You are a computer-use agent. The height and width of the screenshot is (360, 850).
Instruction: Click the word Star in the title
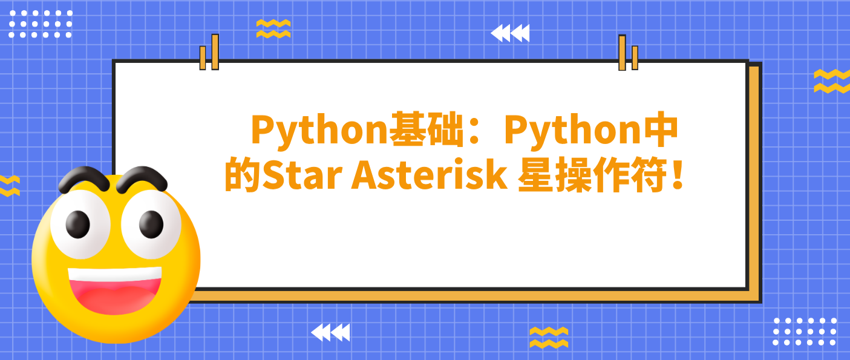tap(302, 175)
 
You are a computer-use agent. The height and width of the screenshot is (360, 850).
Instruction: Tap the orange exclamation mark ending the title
tap(678, 174)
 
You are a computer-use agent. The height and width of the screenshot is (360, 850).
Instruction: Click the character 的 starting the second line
tap(243, 175)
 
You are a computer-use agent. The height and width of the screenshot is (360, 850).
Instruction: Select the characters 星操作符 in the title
tap(592, 175)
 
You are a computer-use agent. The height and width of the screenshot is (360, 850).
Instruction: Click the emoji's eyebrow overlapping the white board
tap(142, 179)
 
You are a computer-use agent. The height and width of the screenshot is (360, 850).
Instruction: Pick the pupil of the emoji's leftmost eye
tap(78, 224)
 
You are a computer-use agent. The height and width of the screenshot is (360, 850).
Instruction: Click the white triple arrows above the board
tap(509, 33)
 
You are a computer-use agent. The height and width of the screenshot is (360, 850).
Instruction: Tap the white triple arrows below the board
tap(330, 332)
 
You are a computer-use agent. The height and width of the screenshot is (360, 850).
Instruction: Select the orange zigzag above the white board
tap(273, 29)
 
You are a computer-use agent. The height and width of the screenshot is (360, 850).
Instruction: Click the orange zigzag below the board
tap(549, 337)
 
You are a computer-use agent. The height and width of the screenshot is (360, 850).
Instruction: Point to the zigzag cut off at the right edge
tap(832, 81)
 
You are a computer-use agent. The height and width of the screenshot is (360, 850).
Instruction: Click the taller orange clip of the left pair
tap(215, 52)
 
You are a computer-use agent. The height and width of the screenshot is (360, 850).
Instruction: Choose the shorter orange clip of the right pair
tap(635, 57)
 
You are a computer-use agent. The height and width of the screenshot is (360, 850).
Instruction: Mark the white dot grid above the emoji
tap(40, 24)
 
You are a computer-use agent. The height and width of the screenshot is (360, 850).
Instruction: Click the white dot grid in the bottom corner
tap(805, 332)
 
